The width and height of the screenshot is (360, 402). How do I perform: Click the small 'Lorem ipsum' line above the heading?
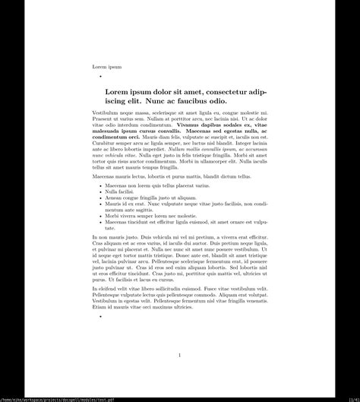(106, 67)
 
